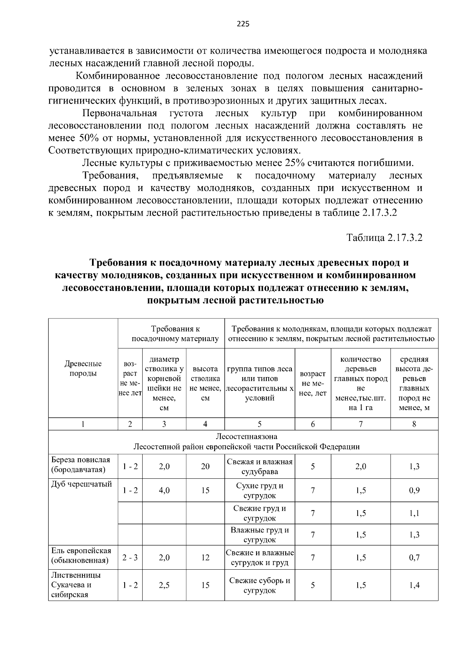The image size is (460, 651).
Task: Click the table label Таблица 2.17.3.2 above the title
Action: coord(384,237)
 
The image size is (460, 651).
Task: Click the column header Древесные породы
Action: coord(83,368)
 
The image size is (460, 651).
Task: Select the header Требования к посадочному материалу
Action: coord(175,334)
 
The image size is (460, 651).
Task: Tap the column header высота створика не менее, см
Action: coord(205,383)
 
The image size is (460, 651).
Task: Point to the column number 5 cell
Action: coord(260,424)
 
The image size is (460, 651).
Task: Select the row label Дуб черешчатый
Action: coord(82,484)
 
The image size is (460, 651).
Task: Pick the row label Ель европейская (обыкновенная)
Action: coord(81,556)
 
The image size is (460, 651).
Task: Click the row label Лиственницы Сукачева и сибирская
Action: coord(76,585)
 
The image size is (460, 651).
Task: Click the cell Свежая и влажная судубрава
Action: coord(260,466)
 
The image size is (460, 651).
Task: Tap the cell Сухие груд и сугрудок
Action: coord(260,490)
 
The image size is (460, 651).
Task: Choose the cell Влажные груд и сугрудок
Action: coord(260,535)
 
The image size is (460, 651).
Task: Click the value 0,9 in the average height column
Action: coord(414,490)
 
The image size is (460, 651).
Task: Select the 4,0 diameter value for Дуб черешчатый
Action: coord(164,490)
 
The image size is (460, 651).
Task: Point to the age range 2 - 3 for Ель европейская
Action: coord(130,557)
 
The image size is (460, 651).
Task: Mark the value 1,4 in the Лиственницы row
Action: coord(414,585)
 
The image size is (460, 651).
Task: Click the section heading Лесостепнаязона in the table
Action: coord(246,437)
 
